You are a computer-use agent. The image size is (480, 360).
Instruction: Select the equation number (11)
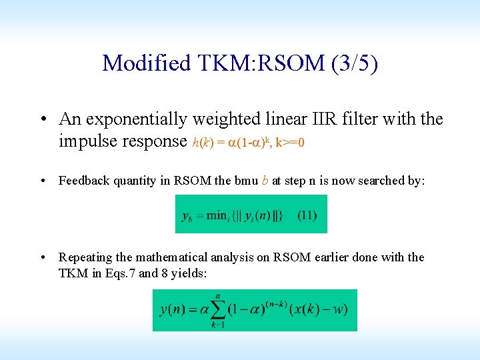307,215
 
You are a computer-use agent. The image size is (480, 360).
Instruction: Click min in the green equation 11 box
217,215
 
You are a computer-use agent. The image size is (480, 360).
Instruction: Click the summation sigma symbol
217,310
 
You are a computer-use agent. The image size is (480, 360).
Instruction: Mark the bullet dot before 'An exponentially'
42,120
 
